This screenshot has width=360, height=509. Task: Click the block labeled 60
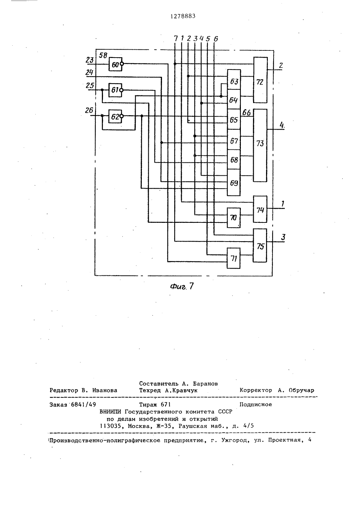click(x=115, y=64)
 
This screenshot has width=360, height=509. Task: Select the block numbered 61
click(x=115, y=90)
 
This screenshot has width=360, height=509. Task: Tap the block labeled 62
click(x=115, y=116)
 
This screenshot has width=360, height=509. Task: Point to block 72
click(x=260, y=80)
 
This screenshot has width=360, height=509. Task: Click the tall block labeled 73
click(x=260, y=145)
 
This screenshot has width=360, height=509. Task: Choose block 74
click(x=260, y=209)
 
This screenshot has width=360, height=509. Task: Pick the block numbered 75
click(x=260, y=246)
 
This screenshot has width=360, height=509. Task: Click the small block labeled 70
click(x=234, y=218)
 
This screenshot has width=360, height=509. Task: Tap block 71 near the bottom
click(x=234, y=258)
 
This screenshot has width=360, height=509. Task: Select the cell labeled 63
click(x=234, y=80)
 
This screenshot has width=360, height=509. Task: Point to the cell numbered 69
click(x=234, y=183)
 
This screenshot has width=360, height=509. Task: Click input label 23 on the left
click(x=90, y=60)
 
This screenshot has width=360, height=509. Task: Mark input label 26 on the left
click(x=89, y=111)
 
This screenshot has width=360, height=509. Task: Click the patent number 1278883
click(x=183, y=16)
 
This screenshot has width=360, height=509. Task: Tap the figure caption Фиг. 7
click(x=182, y=286)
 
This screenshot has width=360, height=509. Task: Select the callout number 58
click(x=103, y=55)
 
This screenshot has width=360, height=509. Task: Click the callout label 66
click(x=247, y=112)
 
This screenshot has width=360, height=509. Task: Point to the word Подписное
click(x=256, y=405)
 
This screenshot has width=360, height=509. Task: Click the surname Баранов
click(x=206, y=384)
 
